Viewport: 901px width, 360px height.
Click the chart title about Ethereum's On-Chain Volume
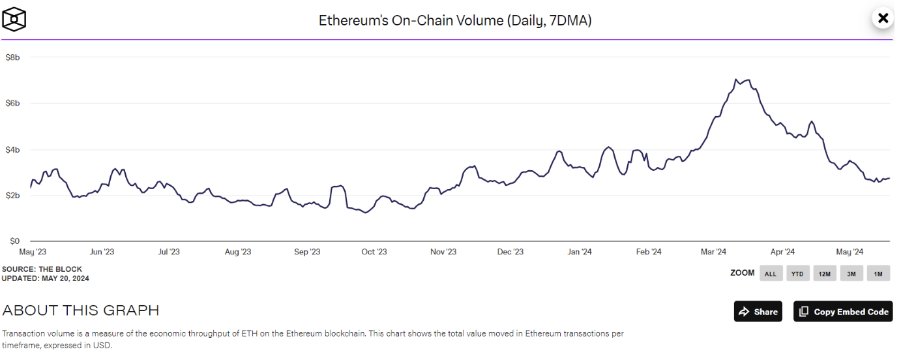(x=455, y=20)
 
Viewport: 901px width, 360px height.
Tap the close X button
(x=883, y=18)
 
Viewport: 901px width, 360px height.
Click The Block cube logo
(x=14, y=20)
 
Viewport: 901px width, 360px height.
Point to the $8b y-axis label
(x=12, y=57)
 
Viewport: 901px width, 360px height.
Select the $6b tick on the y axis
(x=12, y=104)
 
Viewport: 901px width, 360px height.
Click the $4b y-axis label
(x=12, y=150)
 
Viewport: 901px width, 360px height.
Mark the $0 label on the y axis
(x=14, y=241)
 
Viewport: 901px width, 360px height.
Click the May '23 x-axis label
(x=33, y=252)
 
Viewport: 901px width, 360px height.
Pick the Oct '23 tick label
(x=374, y=252)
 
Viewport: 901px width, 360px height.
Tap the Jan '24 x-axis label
(x=580, y=252)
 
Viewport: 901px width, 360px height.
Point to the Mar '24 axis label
(x=713, y=252)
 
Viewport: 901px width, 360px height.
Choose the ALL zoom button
(x=771, y=273)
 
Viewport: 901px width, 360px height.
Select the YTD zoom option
(x=797, y=273)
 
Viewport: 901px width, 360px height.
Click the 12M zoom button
(x=825, y=273)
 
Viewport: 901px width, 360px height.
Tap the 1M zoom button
(x=878, y=273)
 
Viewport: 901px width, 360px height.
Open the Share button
(x=758, y=311)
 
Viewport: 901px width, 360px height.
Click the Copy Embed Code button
(x=843, y=311)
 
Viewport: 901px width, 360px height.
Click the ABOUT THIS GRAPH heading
(x=81, y=310)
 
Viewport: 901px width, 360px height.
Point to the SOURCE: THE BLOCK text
(x=42, y=269)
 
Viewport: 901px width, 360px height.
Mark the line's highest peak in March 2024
(x=735, y=80)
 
